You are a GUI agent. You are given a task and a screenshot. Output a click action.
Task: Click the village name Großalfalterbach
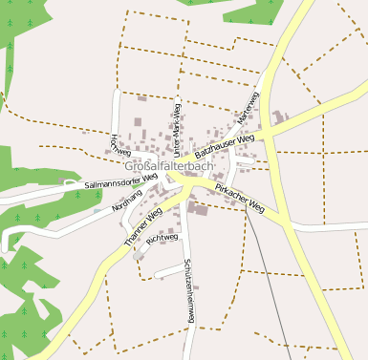point(168,166)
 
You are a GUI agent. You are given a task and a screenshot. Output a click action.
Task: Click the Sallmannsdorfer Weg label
point(120,181)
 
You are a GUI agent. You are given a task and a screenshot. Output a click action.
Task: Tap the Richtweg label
point(158,236)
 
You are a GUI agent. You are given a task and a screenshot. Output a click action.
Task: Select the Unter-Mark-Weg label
point(177,128)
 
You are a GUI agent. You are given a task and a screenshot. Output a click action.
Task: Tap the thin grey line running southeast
point(268,286)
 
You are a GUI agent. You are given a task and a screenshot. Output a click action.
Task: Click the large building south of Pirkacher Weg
point(202,208)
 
